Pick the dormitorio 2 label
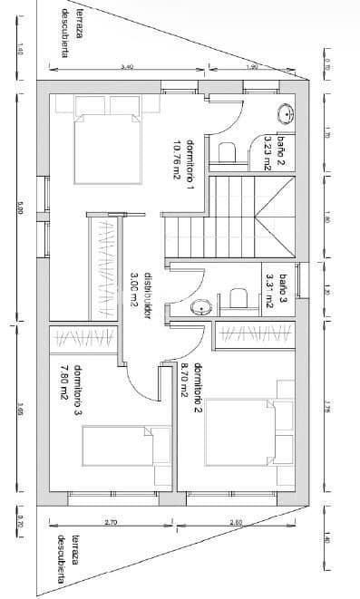[x=197, y=381]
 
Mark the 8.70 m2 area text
[x=184, y=381]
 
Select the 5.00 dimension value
[x=19, y=208]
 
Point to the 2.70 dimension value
[x=110, y=523]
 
